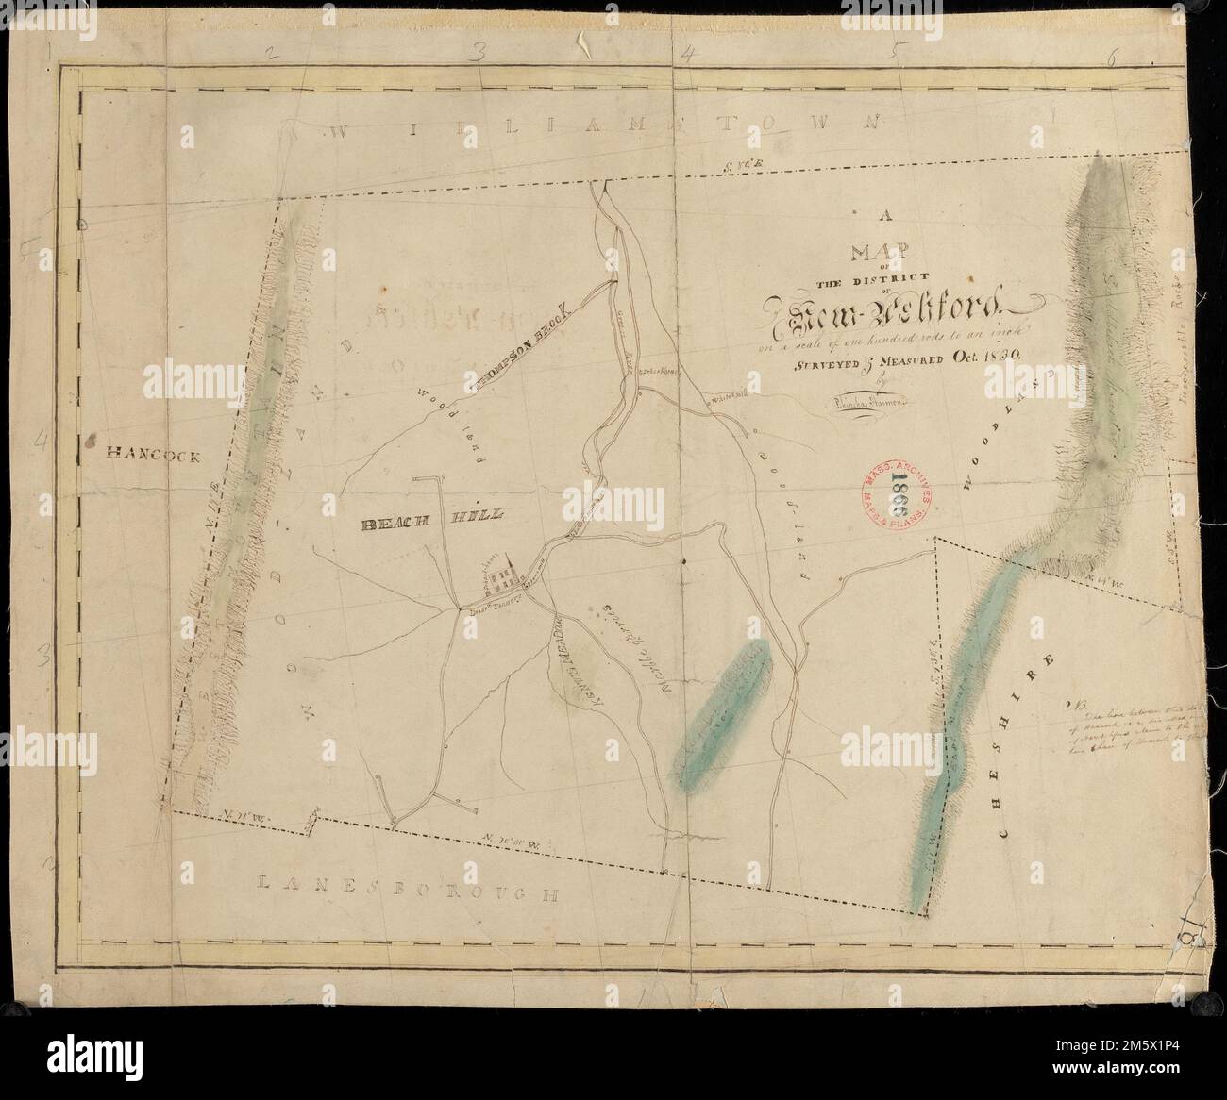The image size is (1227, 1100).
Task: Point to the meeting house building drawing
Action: [502, 575]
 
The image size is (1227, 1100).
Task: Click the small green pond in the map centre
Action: [727, 700]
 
